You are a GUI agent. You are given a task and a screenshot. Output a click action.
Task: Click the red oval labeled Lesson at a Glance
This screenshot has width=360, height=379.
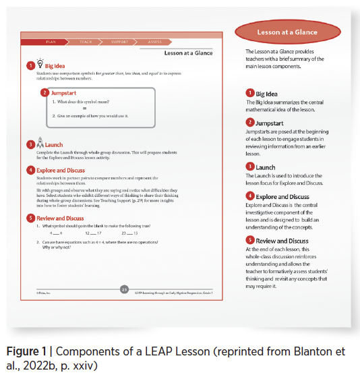pos(288,32)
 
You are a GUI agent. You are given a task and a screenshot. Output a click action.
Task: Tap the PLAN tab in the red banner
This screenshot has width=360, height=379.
pos(51,42)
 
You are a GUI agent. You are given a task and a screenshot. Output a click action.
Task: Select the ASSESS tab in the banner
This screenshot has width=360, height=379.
pos(154,42)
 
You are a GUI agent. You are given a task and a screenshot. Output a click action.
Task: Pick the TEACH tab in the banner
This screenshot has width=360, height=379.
pos(86,42)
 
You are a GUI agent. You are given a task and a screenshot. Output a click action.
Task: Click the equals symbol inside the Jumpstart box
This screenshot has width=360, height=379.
pos(85,108)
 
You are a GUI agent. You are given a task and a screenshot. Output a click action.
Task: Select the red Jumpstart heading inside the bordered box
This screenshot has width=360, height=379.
pos(65,92)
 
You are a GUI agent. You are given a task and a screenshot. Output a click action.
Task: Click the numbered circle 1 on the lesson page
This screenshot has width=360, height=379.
pos(30,66)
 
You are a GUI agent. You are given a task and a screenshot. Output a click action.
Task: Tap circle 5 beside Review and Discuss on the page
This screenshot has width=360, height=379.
pos(30,218)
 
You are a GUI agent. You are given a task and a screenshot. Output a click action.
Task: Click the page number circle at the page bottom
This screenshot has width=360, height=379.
pos(124,289)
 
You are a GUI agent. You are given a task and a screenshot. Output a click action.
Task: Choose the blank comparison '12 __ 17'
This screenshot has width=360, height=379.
pos(94,233)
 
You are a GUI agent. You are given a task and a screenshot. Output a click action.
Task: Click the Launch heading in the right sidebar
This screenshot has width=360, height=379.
pos(266,167)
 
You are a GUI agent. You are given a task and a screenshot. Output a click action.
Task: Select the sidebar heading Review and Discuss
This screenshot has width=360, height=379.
pos(282,240)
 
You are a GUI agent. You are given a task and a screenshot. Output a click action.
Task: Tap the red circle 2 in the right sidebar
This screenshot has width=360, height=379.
pos(249,122)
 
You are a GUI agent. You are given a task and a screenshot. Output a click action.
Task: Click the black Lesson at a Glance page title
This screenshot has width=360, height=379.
pos(189,53)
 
